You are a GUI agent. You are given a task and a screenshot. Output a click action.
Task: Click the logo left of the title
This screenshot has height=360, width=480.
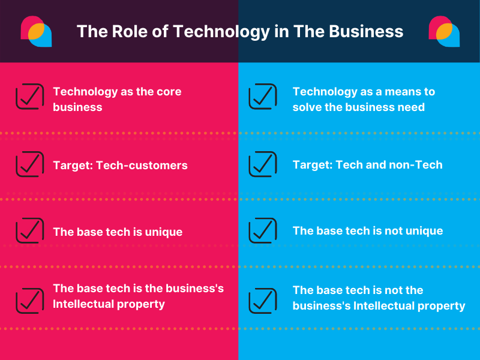[x=36, y=31]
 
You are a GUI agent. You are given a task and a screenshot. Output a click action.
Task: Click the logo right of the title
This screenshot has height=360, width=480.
[x=444, y=31]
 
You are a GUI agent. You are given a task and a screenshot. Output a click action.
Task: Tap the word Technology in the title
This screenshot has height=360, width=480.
[x=221, y=32]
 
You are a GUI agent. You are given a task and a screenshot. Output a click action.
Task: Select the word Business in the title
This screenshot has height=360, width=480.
[x=366, y=31]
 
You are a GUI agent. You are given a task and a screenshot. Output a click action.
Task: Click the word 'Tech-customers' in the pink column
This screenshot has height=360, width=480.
[x=142, y=166]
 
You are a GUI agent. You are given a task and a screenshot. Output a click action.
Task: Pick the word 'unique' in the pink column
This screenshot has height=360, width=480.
[x=163, y=232]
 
